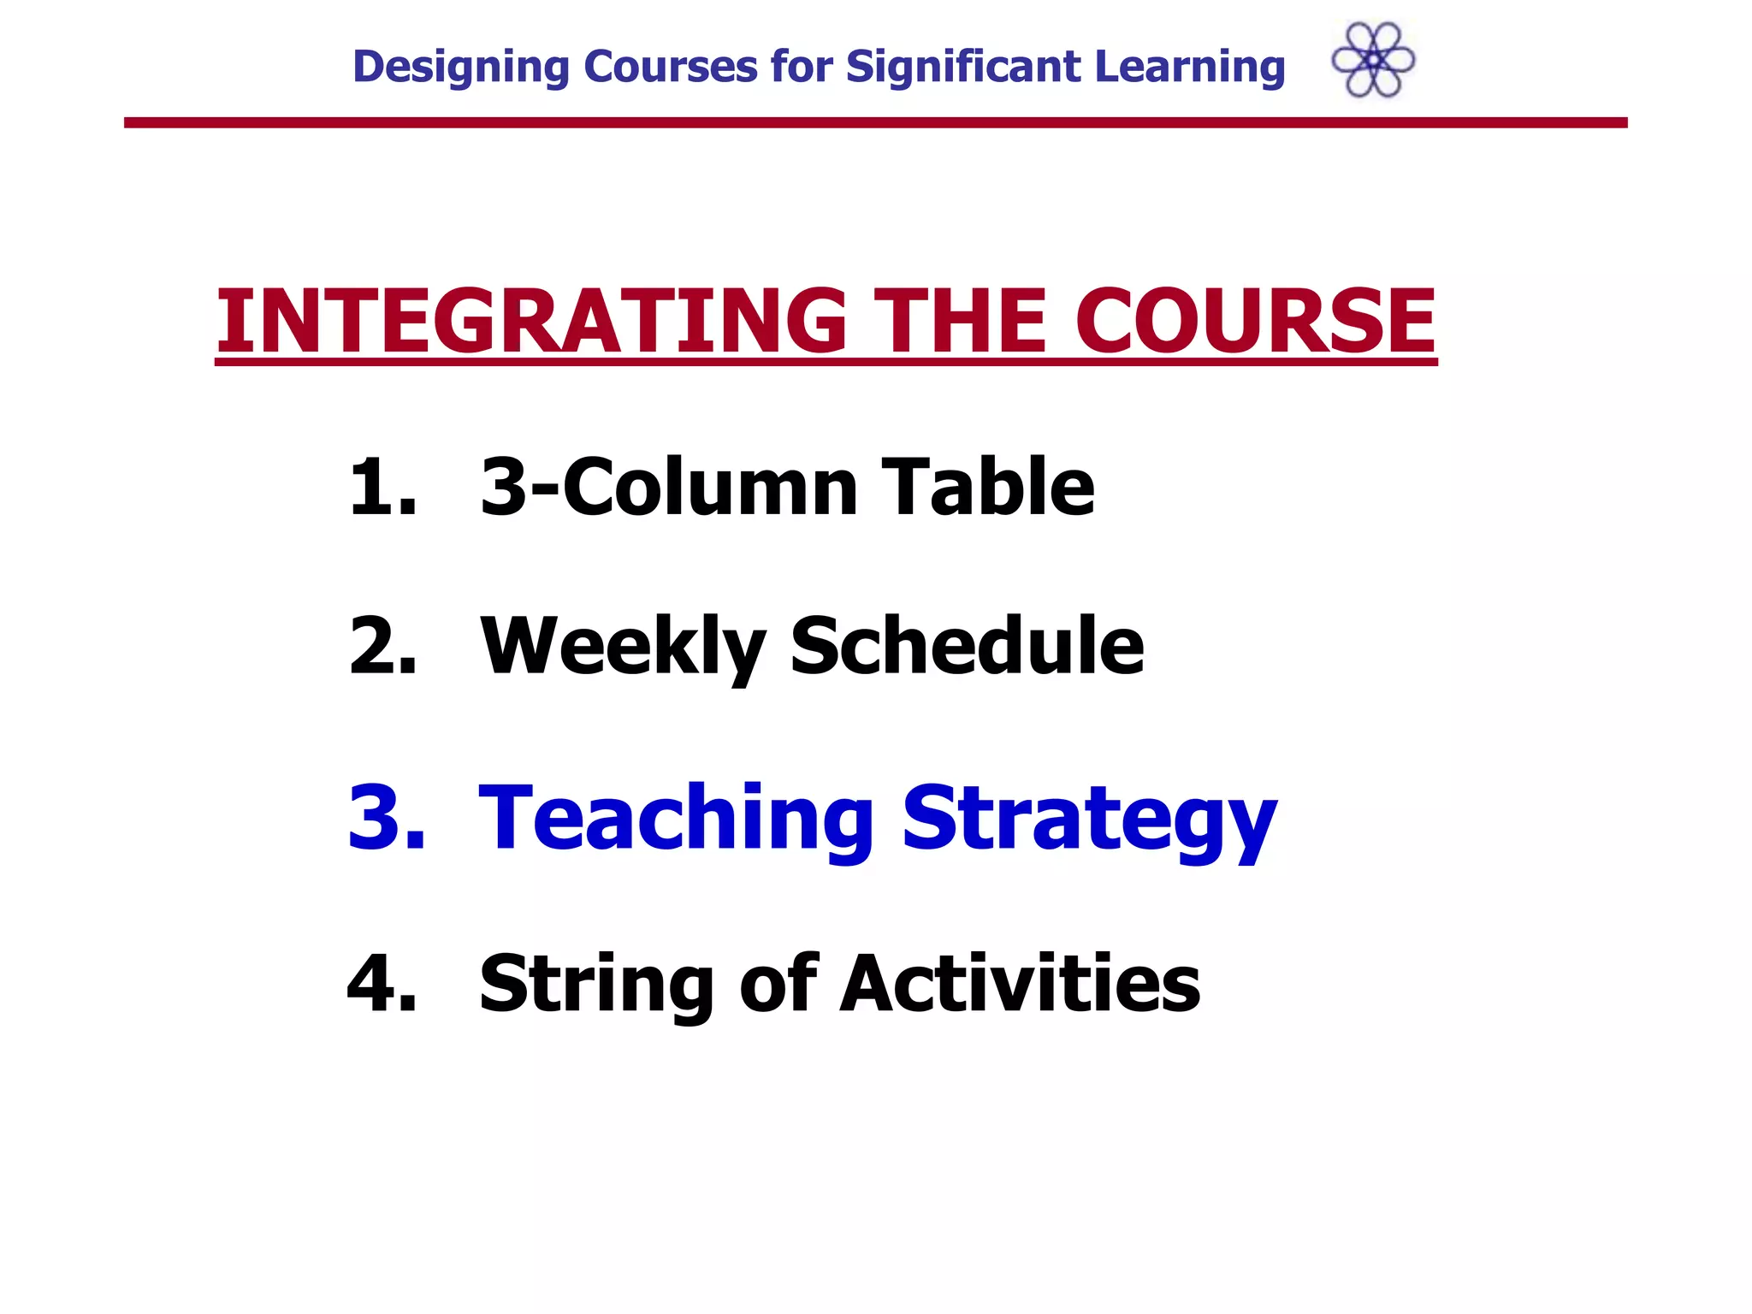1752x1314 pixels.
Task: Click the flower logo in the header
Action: pos(1373,60)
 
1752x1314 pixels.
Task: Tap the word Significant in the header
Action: pos(963,67)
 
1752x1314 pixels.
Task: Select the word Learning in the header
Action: pos(1189,68)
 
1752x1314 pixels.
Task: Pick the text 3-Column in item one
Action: pos(668,487)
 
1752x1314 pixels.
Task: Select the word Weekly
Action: pos(623,648)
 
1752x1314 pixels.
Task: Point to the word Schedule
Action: pos(967,646)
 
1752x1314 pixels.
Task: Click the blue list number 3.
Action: pos(386,817)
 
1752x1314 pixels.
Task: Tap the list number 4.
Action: pos(382,984)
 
